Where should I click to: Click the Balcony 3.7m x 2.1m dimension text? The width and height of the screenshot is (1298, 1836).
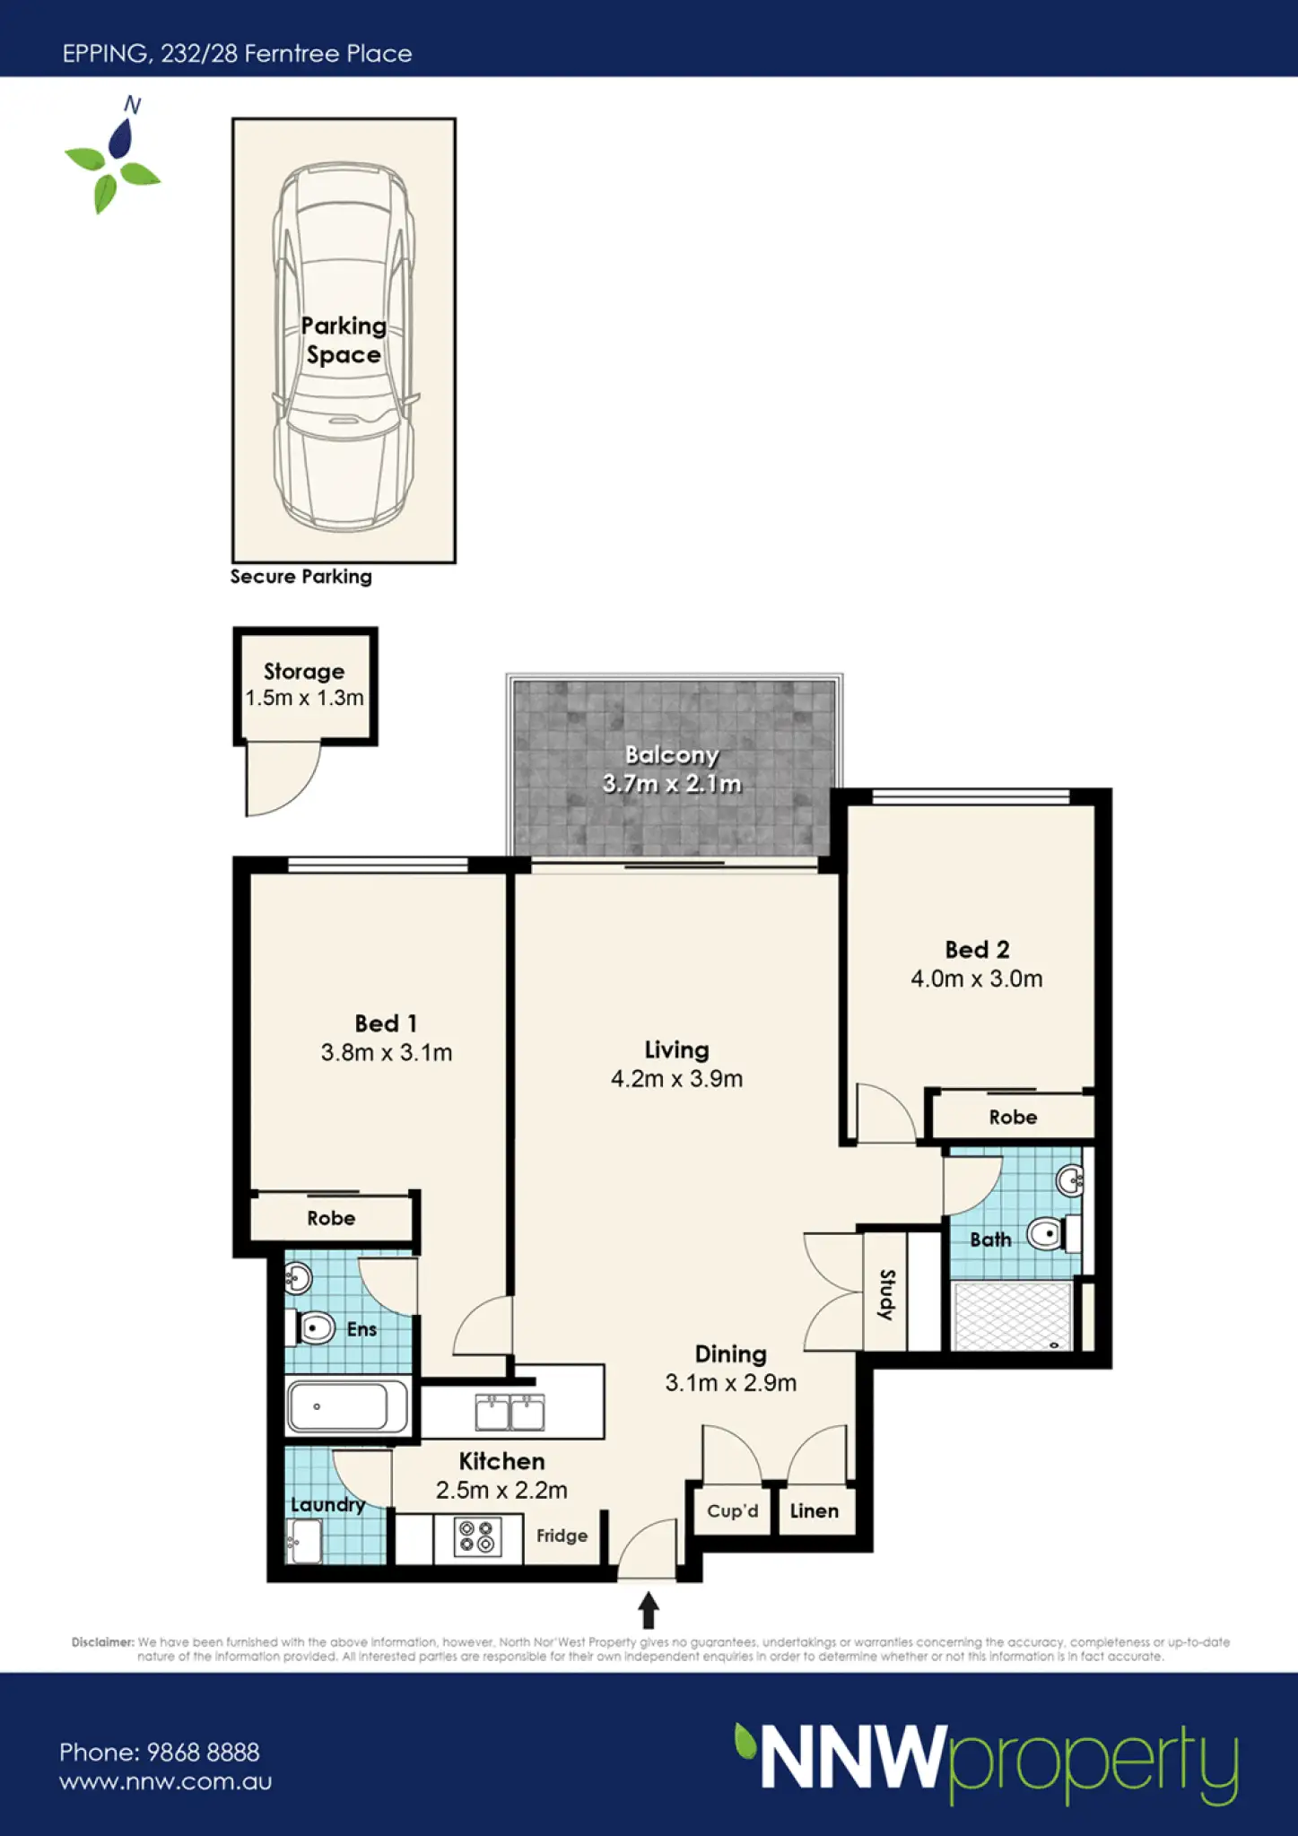tap(672, 784)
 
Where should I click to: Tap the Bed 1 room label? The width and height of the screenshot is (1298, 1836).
tap(386, 1023)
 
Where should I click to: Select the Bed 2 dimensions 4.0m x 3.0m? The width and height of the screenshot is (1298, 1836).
tap(977, 979)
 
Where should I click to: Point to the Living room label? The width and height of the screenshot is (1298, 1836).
tap(676, 1050)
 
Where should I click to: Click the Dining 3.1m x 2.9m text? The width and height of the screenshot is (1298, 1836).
tap(730, 1369)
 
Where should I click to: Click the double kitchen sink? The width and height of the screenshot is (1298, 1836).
tap(510, 1413)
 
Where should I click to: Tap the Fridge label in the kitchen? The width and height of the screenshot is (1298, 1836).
tap(562, 1536)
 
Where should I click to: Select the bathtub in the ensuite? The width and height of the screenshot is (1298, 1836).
tap(349, 1406)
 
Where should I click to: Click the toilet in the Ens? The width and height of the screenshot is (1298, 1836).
tap(310, 1327)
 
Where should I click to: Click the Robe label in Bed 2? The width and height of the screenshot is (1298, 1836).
tap(1013, 1117)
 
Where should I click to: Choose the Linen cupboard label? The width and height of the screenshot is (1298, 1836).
tap(815, 1510)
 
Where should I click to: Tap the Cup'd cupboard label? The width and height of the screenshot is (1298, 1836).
tap(733, 1510)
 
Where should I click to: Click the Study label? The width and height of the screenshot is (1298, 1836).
tap(886, 1294)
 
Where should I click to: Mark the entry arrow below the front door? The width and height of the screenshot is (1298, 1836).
tap(649, 1610)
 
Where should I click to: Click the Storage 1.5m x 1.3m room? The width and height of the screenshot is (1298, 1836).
tap(305, 686)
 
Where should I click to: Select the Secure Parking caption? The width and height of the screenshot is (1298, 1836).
tap(301, 577)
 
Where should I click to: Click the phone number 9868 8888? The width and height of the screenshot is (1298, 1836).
tap(204, 1752)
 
